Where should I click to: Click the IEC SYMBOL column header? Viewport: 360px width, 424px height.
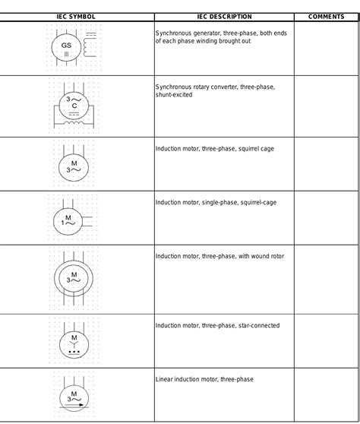(x=76, y=16)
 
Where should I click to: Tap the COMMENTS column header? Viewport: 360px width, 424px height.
(x=327, y=16)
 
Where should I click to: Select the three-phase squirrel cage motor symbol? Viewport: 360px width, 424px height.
(x=74, y=166)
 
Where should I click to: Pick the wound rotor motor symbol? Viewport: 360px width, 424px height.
(x=74, y=277)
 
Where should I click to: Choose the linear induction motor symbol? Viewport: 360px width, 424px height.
(x=74, y=397)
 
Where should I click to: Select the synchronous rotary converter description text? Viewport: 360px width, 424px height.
(x=215, y=91)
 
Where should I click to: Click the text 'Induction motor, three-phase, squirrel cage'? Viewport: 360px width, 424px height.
(x=215, y=149)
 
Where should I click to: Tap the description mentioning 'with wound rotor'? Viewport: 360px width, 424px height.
(x=219, y=257)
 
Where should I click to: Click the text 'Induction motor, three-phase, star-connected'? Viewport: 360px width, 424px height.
(x=217, y=326)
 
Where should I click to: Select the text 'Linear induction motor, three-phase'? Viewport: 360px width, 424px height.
(x=204, y=379)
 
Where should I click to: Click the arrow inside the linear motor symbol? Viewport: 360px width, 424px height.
(x=74, y=407)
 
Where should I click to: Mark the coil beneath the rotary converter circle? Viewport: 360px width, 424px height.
(x=74, y=119)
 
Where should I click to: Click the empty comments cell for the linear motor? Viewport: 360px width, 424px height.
(x=327, y=395)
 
